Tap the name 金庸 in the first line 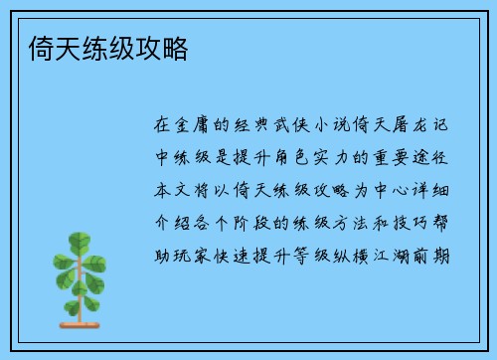194,127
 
